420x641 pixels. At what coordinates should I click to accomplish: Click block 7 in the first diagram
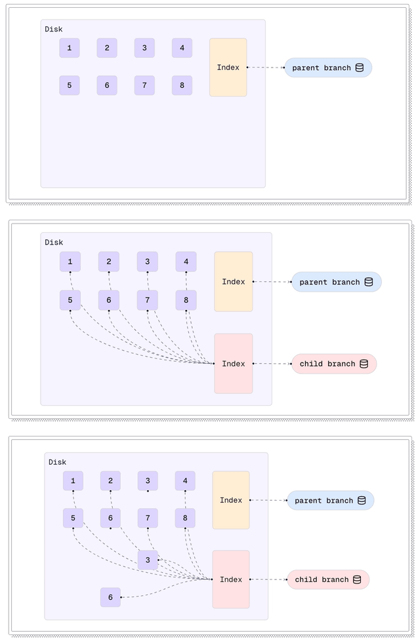click(x=144, y=85)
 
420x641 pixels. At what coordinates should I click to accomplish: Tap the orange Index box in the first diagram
click(x=228, y=68)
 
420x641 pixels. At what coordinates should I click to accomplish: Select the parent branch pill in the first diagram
click(x=327, y=68)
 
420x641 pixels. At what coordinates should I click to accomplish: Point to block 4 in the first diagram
click(x=182, y=48)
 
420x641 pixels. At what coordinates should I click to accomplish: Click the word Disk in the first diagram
click(x=54, y=29)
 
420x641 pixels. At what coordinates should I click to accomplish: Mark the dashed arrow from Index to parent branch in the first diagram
click(x=266, y=68)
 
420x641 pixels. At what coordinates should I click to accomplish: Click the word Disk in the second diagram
click(x=54, y=243)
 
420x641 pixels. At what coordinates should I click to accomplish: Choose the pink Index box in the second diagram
click(x=233, y=364)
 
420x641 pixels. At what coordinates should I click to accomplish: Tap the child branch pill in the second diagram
click(x=334, y=364)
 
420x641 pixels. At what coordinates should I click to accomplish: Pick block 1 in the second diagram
click(x=70, y=262)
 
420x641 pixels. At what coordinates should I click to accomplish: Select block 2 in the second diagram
click(x=109, y=262)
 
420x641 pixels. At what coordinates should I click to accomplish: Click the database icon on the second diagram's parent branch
click(x=369, y=282)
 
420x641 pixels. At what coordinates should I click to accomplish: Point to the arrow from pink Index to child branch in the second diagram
click(x=272, y=364)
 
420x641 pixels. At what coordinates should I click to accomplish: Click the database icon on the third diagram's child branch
click(x=357, y=579)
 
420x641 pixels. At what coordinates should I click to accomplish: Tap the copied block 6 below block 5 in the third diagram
click(x=110, y=597)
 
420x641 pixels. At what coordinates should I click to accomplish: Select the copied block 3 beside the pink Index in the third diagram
click(x=148, y=560)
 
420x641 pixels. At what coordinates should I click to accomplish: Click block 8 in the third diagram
click(x=185, y=518)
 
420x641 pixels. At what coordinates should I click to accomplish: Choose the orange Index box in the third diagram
click(x=231, y=500)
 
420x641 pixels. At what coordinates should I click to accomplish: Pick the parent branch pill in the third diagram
click(x=330, y=501)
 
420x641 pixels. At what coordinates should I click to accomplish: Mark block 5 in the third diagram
click(x=73, y=518)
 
